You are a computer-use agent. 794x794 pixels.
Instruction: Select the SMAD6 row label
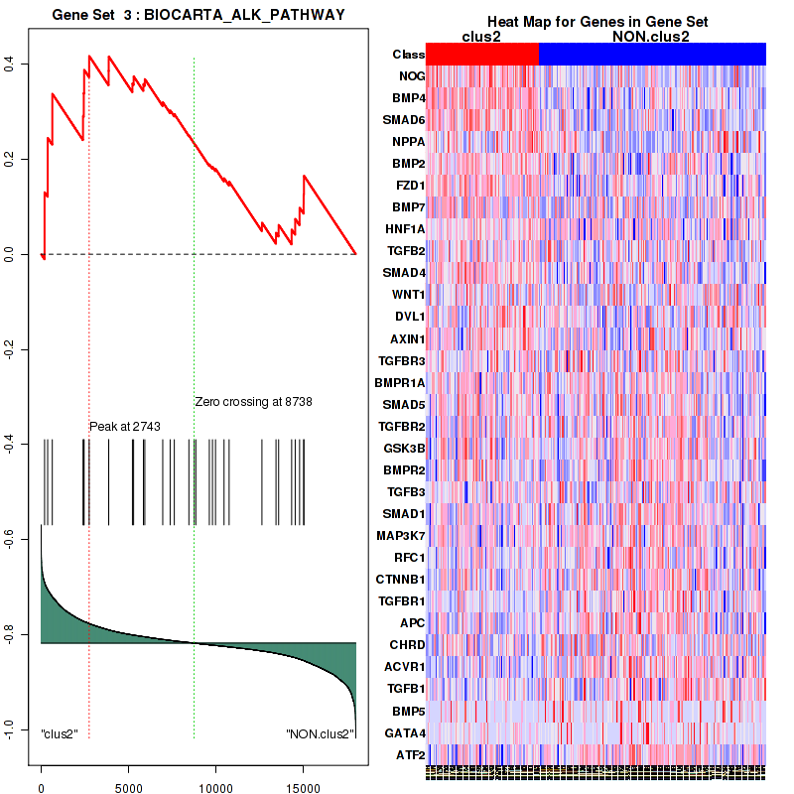[x=404, y=120]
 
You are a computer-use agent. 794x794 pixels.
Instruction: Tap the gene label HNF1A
[x=405, y=229]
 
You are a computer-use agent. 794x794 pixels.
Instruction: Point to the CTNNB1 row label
[x=401, y=579]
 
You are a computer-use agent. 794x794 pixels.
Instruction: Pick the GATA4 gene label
[x=405, y=733]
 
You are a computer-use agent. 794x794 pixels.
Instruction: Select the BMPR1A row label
[x=400, y=382]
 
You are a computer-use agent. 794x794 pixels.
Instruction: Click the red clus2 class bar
[x=481, y=54]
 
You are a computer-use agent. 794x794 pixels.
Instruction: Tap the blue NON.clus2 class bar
[x=652, y=54]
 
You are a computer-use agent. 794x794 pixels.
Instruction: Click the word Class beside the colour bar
[x=408, y=55]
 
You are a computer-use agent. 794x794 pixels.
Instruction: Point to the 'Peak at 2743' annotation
[x=125, y=427]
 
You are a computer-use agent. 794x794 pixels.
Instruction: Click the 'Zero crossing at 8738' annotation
[x=253, y=402]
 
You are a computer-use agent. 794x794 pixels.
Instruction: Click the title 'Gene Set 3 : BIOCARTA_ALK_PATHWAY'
[x=198, y=14]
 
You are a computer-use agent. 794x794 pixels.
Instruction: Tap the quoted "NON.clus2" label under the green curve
[x=321, y=734]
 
